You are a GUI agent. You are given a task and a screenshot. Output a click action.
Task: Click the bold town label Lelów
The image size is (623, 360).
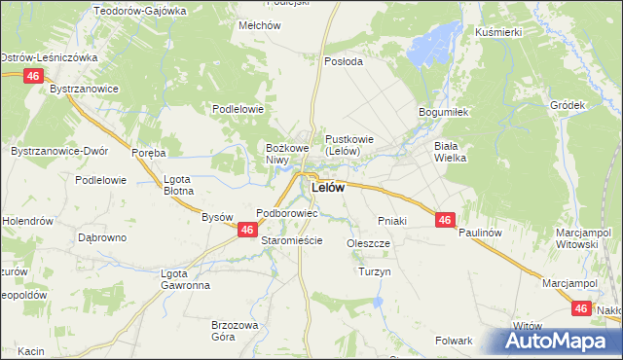327,187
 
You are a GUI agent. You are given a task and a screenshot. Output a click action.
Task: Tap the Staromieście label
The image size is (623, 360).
292,239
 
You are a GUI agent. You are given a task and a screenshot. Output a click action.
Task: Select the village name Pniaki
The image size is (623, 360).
390,221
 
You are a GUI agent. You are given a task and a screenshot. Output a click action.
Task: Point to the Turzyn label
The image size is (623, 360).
374,271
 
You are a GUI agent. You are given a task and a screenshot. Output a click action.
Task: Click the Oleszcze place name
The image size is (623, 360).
368,243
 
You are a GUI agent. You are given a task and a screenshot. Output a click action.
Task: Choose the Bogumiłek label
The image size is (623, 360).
444,112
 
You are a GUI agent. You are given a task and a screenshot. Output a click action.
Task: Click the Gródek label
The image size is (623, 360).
567,105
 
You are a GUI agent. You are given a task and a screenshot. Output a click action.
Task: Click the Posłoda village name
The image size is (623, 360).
343,60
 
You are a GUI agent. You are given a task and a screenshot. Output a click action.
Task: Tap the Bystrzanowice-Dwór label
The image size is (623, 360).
58,153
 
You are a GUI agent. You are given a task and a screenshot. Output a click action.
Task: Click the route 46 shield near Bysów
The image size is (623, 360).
247,230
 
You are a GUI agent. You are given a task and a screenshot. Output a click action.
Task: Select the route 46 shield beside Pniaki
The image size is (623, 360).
444,221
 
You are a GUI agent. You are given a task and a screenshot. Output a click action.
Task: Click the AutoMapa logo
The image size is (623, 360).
559,342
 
